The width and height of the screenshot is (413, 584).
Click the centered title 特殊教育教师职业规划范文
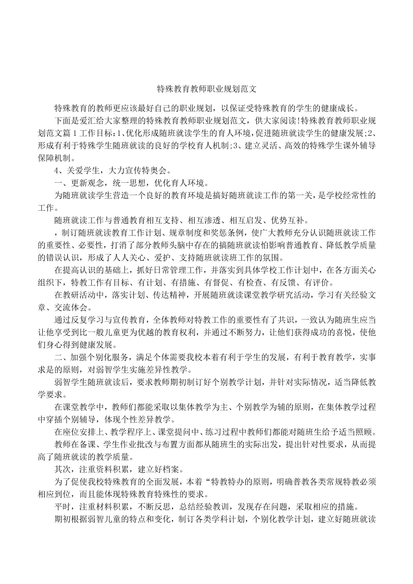click(206, 90)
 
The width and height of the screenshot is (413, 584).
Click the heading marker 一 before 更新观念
click(58, 183)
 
